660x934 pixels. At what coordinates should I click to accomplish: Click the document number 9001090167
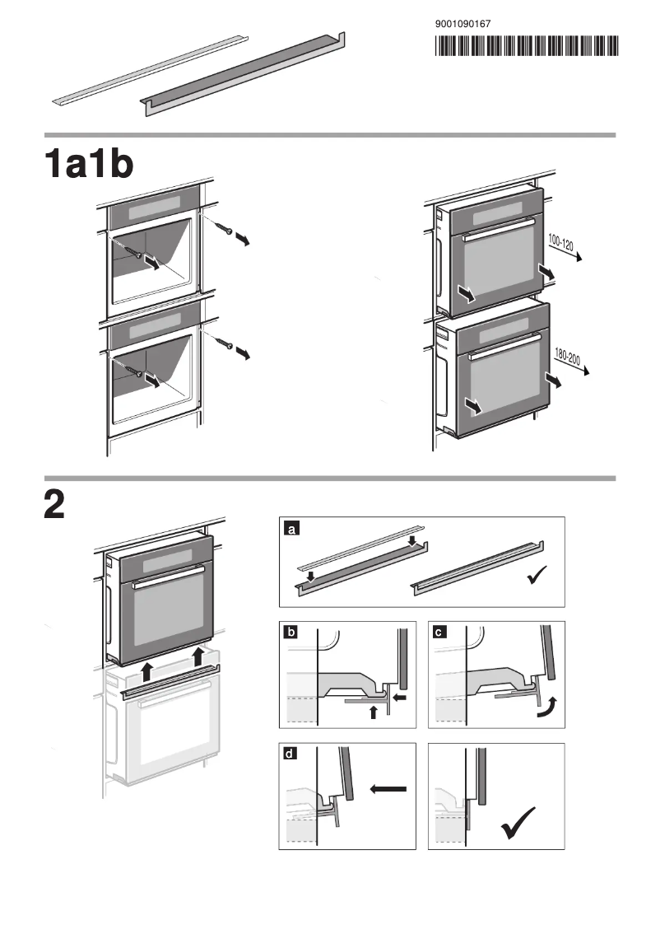pos(462,24)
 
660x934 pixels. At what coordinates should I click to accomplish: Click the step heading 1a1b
pos(89,164)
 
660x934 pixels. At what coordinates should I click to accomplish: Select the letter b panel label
pos(290,633)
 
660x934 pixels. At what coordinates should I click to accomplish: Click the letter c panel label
pos(440,633)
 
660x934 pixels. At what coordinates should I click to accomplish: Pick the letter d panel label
pos(290,754)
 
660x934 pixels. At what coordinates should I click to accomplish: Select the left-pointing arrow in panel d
pos(388,789)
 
